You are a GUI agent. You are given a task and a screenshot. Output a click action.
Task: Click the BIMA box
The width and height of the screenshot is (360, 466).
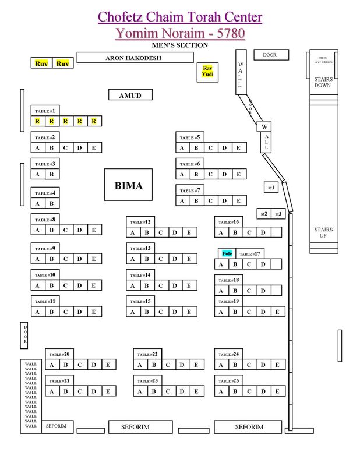[128, 186]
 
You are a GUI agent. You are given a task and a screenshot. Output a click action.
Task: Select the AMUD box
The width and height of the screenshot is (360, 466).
[130, 95]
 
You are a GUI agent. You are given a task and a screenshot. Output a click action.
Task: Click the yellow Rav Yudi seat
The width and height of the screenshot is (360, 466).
[207, 72]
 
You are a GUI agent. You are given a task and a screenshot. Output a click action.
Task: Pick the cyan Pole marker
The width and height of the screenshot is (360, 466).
[227, 253]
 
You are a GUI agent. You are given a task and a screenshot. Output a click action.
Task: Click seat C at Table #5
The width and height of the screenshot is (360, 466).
[210, 148]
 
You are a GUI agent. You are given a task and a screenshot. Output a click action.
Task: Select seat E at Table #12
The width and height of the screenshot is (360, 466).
[189, 233]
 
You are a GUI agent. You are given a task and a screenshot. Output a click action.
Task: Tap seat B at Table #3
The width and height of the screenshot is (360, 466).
[51, 174]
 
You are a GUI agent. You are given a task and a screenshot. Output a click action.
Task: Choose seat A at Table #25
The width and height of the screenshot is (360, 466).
[222, 391]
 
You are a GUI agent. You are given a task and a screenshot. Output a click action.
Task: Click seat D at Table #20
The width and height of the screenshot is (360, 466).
[94, 365]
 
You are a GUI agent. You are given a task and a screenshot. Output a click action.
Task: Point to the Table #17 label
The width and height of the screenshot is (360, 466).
[250, 254]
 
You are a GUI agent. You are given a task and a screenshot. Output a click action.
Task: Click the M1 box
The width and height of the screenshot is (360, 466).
[270, 188]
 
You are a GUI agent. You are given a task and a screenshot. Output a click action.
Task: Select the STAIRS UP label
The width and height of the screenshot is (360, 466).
[323, 233]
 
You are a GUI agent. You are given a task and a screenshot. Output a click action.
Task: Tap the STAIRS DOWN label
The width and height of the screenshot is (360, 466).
[323, 82]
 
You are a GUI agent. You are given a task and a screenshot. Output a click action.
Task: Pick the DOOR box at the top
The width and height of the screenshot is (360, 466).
[270, 55]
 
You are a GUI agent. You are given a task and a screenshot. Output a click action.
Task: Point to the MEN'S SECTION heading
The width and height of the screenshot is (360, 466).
[179, 45]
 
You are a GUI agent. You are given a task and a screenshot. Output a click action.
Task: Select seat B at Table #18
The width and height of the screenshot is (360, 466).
[235, 291]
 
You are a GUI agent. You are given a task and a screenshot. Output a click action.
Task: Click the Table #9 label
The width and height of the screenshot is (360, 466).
[45, 249]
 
